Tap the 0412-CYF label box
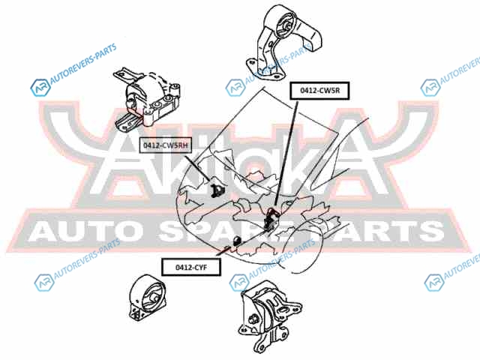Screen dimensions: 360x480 (191, 265)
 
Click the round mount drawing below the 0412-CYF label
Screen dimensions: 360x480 (148, 301)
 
